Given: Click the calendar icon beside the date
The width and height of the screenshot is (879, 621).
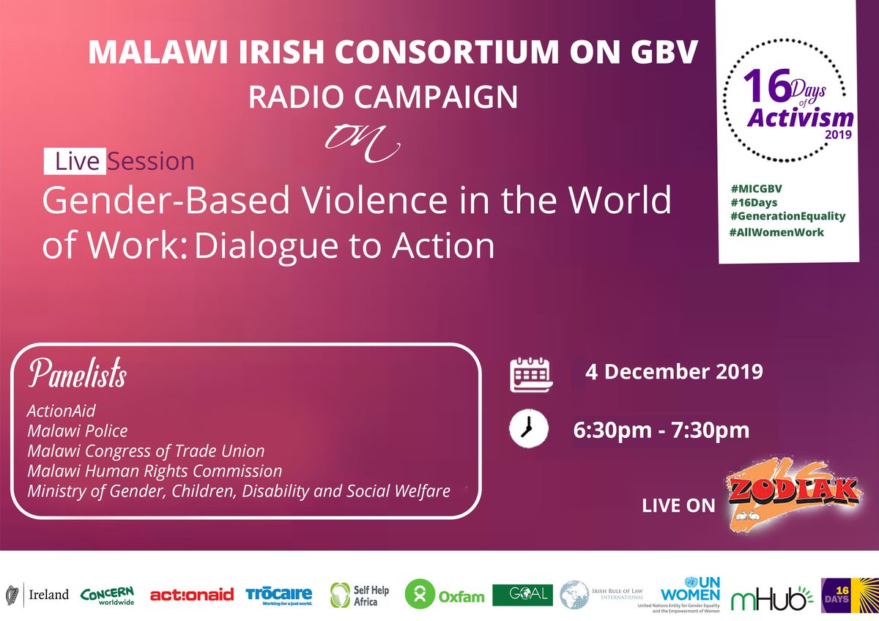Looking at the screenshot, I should (x=529, y=374).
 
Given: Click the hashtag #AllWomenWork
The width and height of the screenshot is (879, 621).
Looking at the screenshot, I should (x=776, y=232).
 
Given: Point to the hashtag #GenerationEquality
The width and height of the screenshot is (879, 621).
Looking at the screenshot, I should (x=782, y=216).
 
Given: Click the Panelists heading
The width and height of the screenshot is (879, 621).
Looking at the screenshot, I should (x=78, y=374).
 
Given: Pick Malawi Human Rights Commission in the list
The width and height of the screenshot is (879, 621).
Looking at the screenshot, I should (x=154, y=470).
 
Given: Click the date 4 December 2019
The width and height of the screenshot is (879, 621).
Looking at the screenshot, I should (x=674, y=371).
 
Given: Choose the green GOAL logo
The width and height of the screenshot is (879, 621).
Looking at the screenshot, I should (x=522, y=595).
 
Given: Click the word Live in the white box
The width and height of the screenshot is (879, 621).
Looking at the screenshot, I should (x=75, y=161).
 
